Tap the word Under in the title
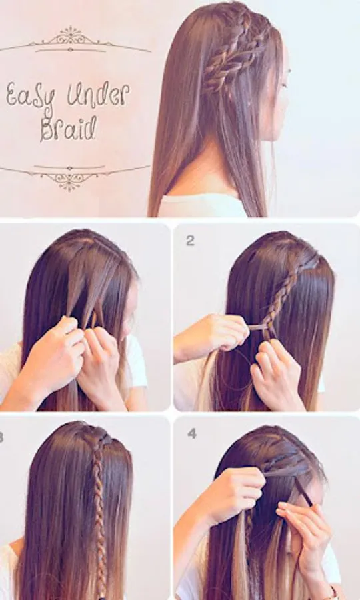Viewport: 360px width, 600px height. [98, 94]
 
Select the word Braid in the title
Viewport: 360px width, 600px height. [69, 129]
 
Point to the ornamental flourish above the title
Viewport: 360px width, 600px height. [73, 40]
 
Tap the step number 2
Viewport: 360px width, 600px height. [190, 241]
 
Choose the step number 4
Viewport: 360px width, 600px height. [192, 433]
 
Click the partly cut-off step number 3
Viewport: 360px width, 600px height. [1, 437]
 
